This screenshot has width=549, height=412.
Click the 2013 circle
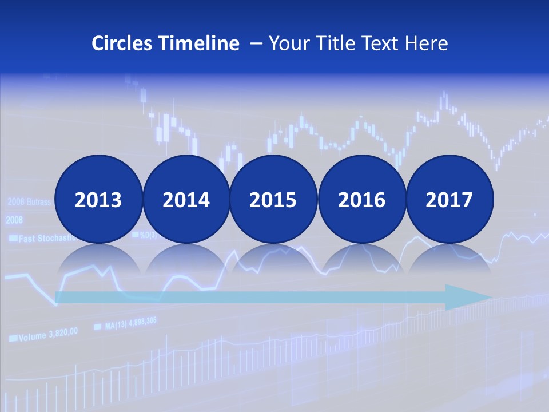(x=98, y=199)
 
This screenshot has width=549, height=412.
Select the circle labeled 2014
(x=186, y=199)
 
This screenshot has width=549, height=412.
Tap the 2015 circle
(x=273, y=199)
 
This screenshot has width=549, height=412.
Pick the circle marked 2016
(x=361, y=199)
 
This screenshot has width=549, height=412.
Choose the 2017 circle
(x=449, y=199)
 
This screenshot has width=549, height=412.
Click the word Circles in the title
(x=122, y=43)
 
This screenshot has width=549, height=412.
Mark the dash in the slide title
(x=256, y=44)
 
